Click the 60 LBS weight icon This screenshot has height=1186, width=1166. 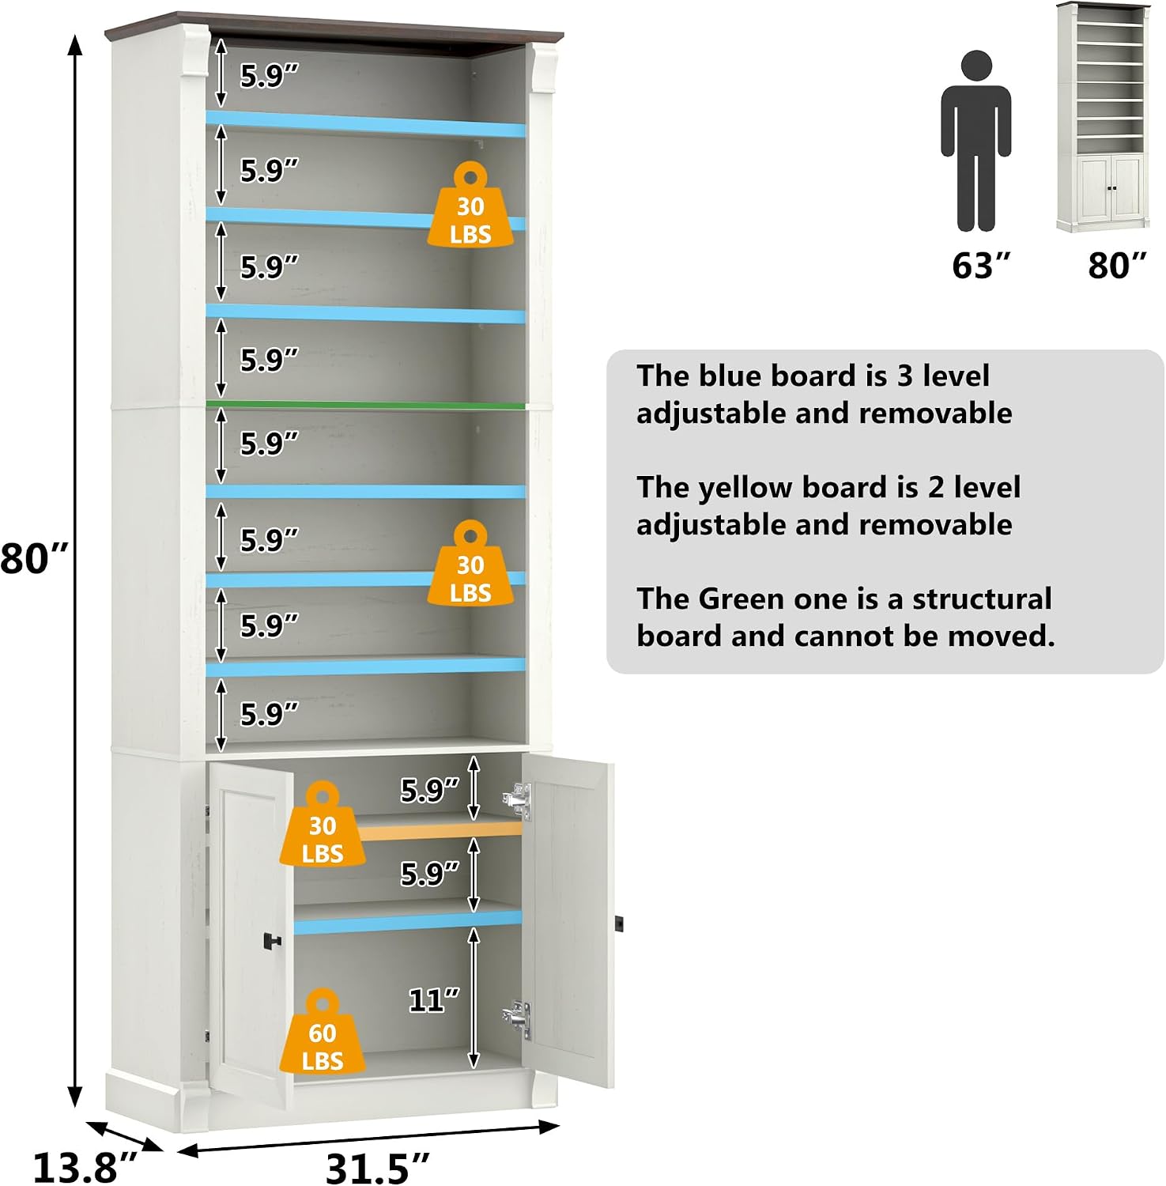click(x=322, y=1031)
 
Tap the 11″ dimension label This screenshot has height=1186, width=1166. click(x=433, y=1000)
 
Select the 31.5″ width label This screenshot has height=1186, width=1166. click(x=378, y=1168)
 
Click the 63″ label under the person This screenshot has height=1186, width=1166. click(x=981, y=266)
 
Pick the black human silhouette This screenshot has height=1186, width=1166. click(x=976, y=141)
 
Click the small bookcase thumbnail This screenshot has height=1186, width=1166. click(x=1104, y=117)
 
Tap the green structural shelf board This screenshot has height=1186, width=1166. click(x=365, y=405)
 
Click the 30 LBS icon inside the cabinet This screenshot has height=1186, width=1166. click(x=322, y=824)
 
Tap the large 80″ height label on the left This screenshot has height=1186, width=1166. click(x=34, y=558)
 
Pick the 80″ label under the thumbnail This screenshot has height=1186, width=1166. click(x=1117, y=266)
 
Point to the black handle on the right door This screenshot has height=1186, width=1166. click(x=619, y=923)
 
